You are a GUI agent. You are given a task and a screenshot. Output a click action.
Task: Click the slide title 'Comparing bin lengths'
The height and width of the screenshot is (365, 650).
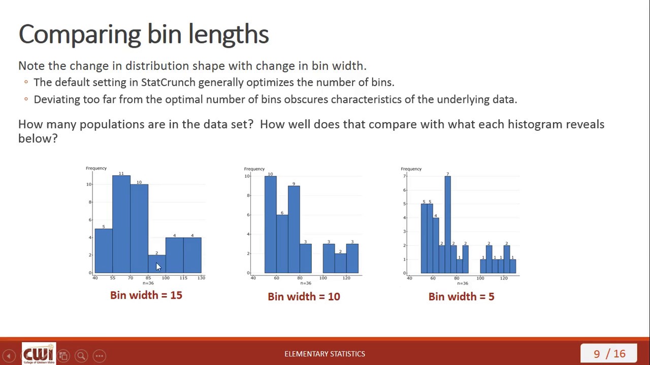[144, 34]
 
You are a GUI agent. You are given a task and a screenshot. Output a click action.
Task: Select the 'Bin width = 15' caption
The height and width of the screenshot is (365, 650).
[146, 295]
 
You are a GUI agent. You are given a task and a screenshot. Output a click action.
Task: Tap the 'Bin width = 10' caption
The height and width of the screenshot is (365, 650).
[304, 297]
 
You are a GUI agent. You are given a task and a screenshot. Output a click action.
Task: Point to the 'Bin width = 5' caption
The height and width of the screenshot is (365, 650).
[461, 297]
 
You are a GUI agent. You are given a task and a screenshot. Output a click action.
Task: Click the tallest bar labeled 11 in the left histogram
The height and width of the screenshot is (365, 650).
[121, 223]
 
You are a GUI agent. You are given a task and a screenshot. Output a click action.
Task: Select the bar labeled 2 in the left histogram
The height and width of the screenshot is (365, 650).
[156, 264]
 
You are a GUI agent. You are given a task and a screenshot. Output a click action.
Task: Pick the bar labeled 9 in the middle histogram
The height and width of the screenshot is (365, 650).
[294, 228]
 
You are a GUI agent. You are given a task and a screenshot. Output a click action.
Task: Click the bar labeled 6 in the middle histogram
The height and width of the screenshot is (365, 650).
[282, 243]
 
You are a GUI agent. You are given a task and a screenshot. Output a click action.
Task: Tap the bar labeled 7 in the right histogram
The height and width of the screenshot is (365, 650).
[447, 223]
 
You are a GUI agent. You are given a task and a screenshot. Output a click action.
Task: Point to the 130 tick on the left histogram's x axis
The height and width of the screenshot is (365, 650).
[201, 278]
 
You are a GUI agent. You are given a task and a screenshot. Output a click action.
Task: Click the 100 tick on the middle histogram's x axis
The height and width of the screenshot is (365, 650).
[323, 278]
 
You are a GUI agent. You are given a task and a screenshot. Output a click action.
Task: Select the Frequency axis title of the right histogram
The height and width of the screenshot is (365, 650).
[411, 169]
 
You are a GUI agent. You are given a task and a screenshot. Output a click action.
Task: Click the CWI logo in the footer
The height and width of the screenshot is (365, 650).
[38, 353]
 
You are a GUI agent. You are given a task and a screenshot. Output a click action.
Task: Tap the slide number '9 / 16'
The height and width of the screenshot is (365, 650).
[609, 354]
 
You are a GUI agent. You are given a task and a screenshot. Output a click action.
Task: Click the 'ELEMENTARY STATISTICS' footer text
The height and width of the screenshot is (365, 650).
[324, 354]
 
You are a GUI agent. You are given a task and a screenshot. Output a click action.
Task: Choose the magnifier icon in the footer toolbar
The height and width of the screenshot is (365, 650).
[81, 356]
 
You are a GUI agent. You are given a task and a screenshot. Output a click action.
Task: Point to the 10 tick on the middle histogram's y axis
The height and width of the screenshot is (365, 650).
[247, 176]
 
